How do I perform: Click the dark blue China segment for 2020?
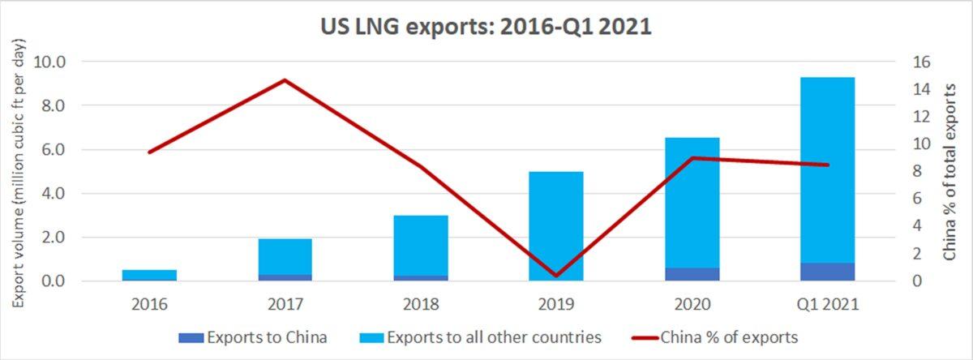[692, 274]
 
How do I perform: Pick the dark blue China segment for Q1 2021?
[827, 272]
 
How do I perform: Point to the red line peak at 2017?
[285, 80]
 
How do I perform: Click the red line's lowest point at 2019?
[556, 276]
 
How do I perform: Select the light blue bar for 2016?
[149, 274]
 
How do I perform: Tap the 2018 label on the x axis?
[420, 303]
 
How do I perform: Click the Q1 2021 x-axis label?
[828, 303]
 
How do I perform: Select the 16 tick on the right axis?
[923, 62]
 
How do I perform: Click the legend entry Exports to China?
[267, 336]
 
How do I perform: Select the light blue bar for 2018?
[420, 243]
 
